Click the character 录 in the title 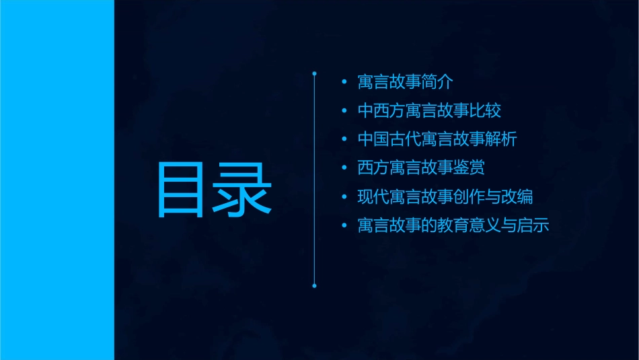tap(241, 190)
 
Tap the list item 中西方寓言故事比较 tap(429, 110)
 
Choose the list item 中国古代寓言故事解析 tap(437, 139)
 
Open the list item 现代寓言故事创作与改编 tap(445, 197)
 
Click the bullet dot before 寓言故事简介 tap(344, 82)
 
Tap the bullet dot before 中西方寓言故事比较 tap(344, 111)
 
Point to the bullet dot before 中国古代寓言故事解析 tap(344, 140)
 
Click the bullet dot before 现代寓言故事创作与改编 tap(344, 198)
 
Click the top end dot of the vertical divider tap(314, 72)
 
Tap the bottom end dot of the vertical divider tap(314, 285)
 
